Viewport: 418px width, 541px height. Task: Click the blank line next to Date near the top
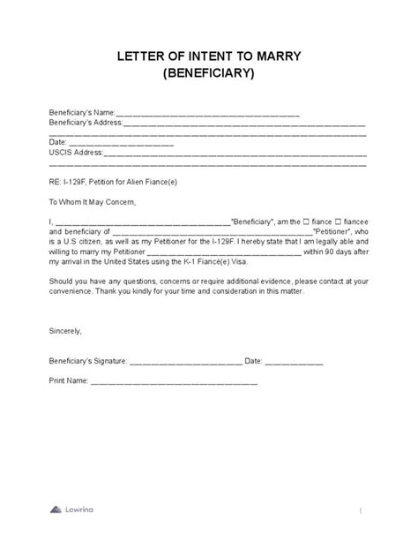point(120,142)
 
